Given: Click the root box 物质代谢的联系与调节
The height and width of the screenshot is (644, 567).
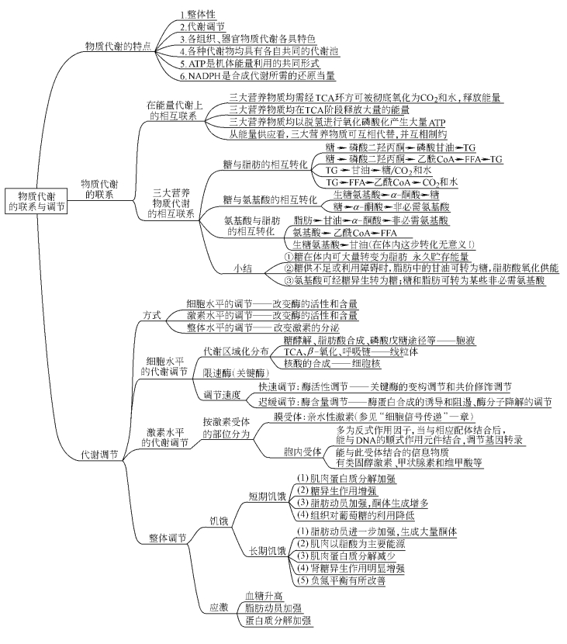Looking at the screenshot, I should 36,202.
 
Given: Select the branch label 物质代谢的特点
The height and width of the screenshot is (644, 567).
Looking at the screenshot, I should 119,47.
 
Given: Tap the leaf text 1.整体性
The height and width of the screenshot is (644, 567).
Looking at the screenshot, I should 200,15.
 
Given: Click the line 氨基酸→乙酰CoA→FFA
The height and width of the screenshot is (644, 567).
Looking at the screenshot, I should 356,232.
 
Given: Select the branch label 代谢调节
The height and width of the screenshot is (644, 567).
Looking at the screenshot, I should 99,455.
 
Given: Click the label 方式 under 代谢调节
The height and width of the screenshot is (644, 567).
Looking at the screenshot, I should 152,317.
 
